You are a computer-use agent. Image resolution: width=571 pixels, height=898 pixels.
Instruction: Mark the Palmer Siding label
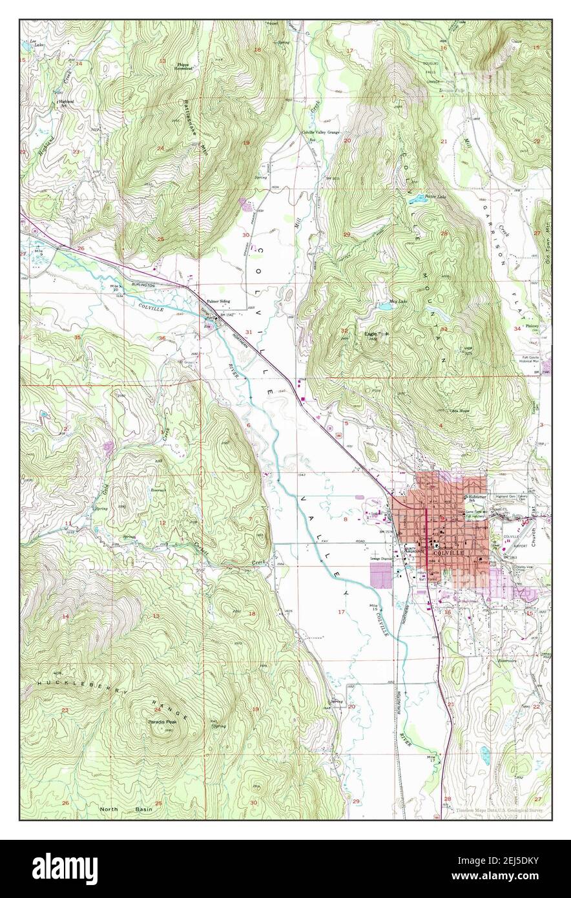pos(218,301)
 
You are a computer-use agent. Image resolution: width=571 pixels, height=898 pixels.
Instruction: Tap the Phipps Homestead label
pos(187,67)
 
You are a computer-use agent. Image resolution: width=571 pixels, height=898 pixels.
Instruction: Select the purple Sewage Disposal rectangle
pos(381,574)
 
